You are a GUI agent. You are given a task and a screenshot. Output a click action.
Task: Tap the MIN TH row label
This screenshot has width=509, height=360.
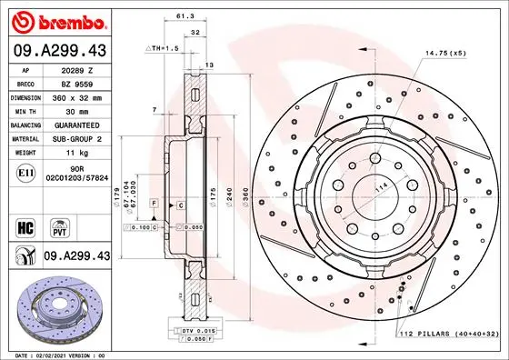[x=22, y=109]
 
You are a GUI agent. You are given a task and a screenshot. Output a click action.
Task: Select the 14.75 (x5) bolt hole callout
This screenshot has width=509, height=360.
[x=446, y=53]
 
